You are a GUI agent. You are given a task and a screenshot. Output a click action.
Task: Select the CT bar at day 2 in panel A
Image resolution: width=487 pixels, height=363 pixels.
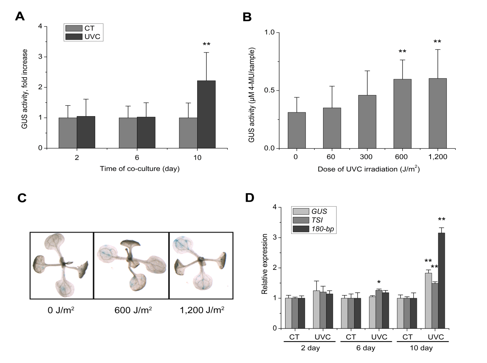pos(68,133)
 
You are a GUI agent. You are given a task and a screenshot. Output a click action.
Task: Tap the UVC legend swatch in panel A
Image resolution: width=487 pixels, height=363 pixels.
pos(74,36)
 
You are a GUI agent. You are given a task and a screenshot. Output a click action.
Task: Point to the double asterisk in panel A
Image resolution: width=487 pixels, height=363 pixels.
pos(206,44)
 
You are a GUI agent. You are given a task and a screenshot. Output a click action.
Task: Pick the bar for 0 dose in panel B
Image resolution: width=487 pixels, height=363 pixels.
pos(297,130)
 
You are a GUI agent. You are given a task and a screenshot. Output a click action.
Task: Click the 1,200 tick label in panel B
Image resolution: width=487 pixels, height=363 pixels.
pos(437,156)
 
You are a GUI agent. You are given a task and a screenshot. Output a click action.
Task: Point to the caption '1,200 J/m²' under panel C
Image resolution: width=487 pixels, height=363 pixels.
pos(201,310)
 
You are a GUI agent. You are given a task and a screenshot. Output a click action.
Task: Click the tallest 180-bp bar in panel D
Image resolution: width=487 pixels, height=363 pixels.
pos(441,280)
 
